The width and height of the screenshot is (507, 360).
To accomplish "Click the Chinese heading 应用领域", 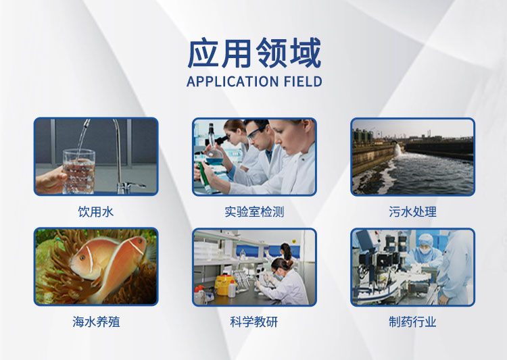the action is [254, 53].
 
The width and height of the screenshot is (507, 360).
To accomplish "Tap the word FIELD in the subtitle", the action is [303, 82].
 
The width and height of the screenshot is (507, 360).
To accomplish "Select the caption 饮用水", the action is [96, 212].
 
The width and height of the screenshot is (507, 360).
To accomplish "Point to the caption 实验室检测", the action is [254, 212].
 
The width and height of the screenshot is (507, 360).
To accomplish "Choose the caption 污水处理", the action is [412, 212].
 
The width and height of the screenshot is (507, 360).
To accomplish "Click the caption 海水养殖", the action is [96, 322].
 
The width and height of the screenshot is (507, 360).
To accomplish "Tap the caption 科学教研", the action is [254, 322].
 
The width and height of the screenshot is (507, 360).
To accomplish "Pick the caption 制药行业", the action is [412, 322].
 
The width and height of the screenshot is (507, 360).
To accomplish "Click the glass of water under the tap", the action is [78, 172].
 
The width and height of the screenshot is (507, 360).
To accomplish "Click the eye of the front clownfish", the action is [82, 258].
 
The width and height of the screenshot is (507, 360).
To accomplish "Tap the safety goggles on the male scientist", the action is [257, 133].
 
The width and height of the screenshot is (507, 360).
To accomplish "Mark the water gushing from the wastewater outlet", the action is [398, 150].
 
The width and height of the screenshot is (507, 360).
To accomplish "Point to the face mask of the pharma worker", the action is [425, 250].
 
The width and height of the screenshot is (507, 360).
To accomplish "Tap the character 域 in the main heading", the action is [306, 53].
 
